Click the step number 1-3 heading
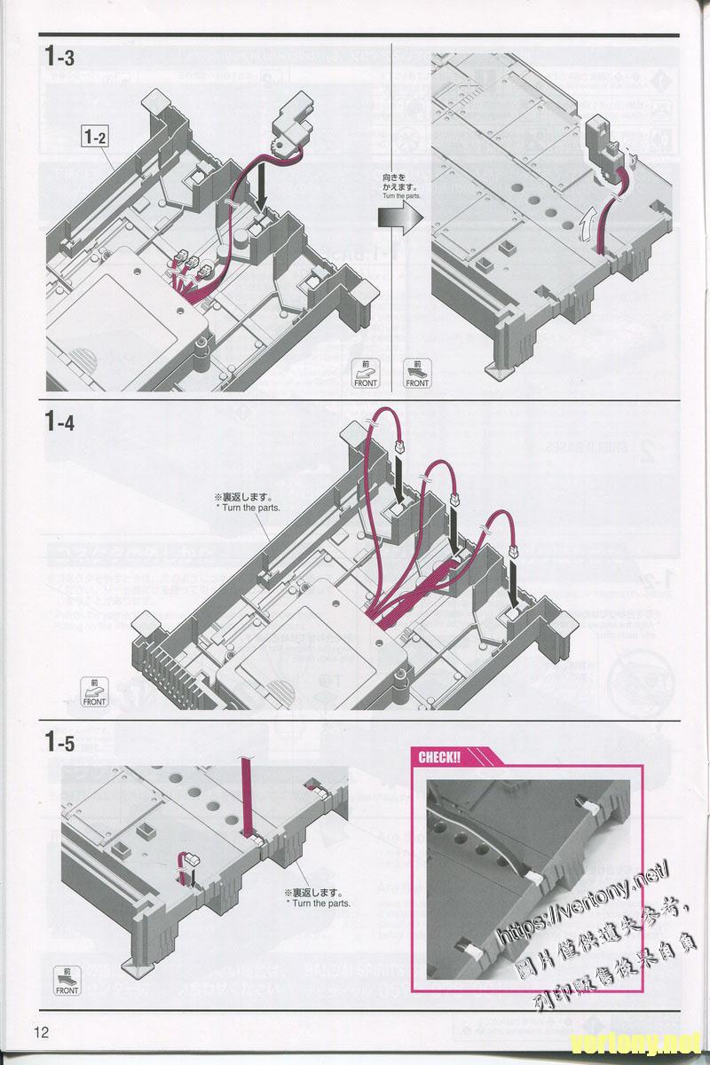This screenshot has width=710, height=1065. tap(59, 58)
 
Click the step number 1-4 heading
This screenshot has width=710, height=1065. tap(59, 422)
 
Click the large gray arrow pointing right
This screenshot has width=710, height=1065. tap(400, 219)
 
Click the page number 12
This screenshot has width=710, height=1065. tap(42, 1032)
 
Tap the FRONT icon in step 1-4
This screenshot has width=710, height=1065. tap(94, 692)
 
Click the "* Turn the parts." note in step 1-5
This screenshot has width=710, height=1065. tap(318, 903)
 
